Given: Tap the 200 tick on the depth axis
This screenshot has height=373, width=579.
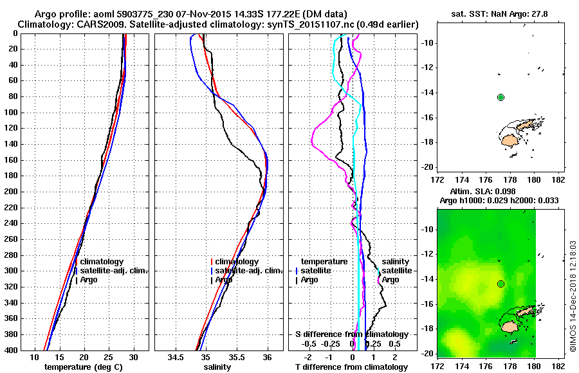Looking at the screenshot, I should point(13,192).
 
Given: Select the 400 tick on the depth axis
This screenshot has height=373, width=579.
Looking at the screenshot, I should point(13,350).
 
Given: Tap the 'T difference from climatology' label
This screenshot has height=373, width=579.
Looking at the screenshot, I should point(351,367).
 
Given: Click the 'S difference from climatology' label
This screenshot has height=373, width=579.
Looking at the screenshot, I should point(351,334).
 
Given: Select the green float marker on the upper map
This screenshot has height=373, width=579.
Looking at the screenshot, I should point(501,97).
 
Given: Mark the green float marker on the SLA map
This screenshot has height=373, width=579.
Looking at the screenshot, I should point(501,284).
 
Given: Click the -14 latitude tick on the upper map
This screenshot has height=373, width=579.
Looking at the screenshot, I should point(426,93).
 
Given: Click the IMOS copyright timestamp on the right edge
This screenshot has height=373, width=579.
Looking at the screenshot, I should point(573,296).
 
